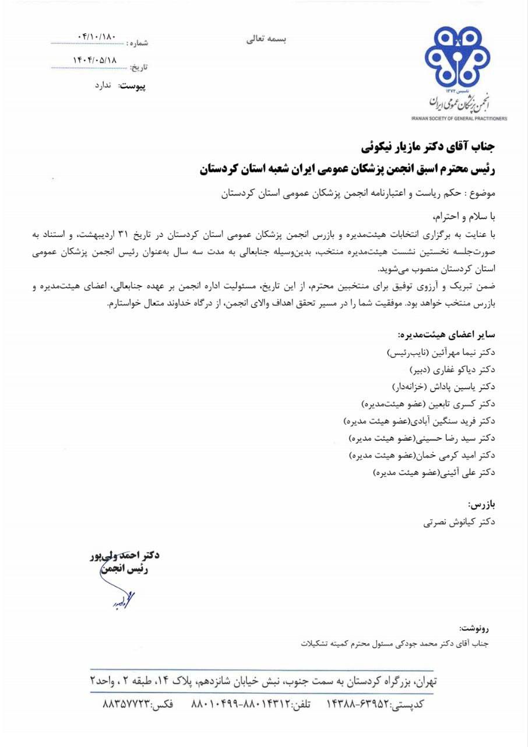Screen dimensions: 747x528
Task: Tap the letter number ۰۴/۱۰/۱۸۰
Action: pyautogui.click(x=97, y=37)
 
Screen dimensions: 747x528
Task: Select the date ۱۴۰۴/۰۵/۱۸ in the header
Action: pyautogui.click(x=94, y=60)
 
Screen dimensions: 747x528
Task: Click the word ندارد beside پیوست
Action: pyautogui.click(x=107, y=85)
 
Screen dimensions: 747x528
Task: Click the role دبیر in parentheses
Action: pyautogui.click(x=418, y=370)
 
